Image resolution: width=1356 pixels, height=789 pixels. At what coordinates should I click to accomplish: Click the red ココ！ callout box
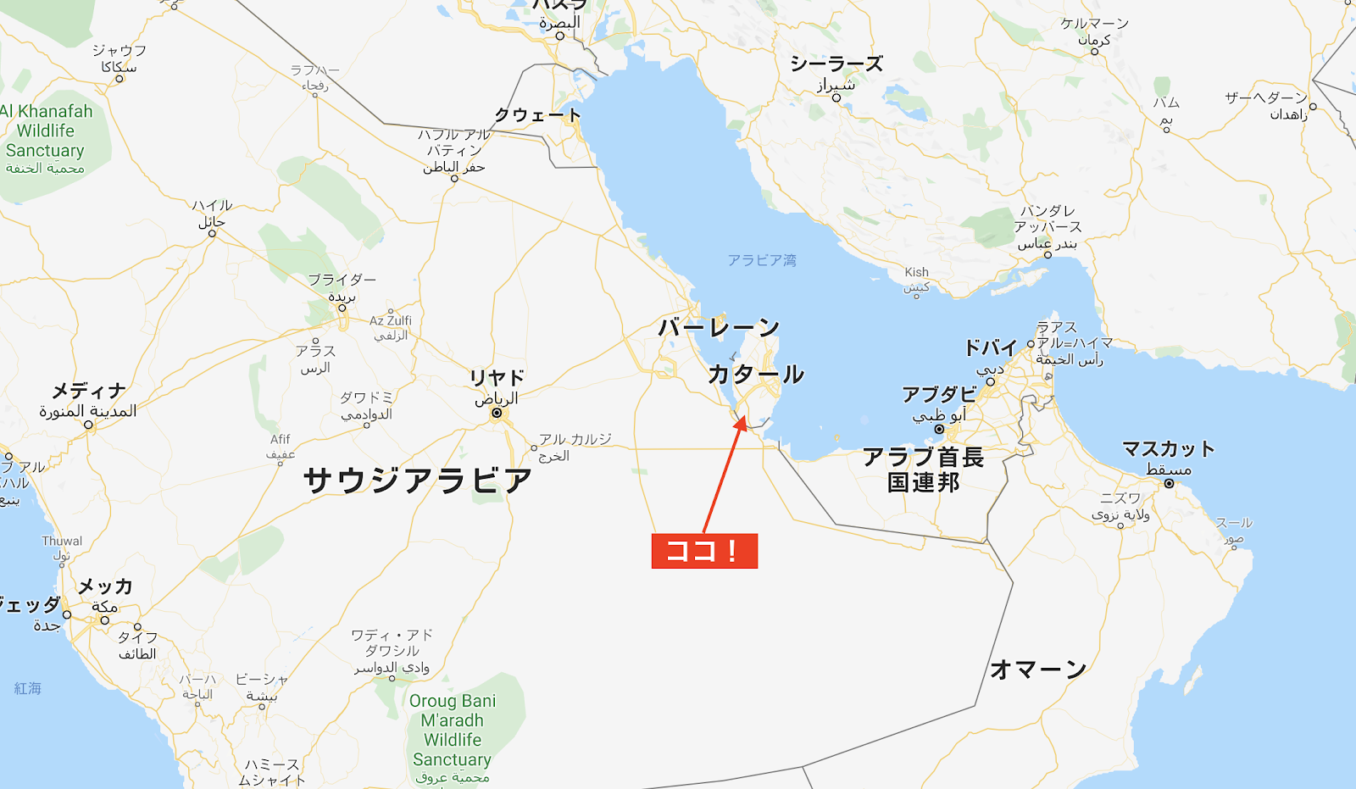(704, 551)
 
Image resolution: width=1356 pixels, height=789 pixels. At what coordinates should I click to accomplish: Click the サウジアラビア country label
(418, 481)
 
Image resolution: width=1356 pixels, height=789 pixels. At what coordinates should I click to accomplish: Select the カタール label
(755, 374)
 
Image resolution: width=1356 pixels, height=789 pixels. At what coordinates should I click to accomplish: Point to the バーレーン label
(719, 327)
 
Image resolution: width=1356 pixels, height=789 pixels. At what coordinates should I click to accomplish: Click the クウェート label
(537, 114)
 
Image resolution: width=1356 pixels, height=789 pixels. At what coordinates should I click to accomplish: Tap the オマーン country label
(1038, 669)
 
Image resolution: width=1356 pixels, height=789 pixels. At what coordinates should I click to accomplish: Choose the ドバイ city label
(990, 347)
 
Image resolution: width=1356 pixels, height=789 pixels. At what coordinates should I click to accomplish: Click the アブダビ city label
(939, 394)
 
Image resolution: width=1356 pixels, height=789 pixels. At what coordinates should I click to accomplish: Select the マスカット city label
(1168, 448)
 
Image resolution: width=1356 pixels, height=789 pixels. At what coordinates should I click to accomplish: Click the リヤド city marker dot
(497, 414)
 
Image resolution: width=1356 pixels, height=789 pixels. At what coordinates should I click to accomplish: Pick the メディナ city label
(89, 391)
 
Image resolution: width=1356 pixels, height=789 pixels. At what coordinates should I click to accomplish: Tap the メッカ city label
(105, 586)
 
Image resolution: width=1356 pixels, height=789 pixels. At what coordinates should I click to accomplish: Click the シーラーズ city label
(836, 64)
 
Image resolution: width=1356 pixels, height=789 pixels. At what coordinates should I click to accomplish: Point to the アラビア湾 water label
(761, 260)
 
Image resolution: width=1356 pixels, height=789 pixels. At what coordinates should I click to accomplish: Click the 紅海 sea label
(28, 688)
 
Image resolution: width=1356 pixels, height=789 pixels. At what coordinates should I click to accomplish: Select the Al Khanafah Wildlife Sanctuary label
(46, 131)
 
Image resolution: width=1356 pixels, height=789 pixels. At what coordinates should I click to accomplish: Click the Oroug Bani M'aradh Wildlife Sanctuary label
(453, 730)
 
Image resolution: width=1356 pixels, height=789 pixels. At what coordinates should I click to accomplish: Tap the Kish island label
(916, 272)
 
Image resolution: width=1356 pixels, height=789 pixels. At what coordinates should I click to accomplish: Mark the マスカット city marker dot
(1169, 483)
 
